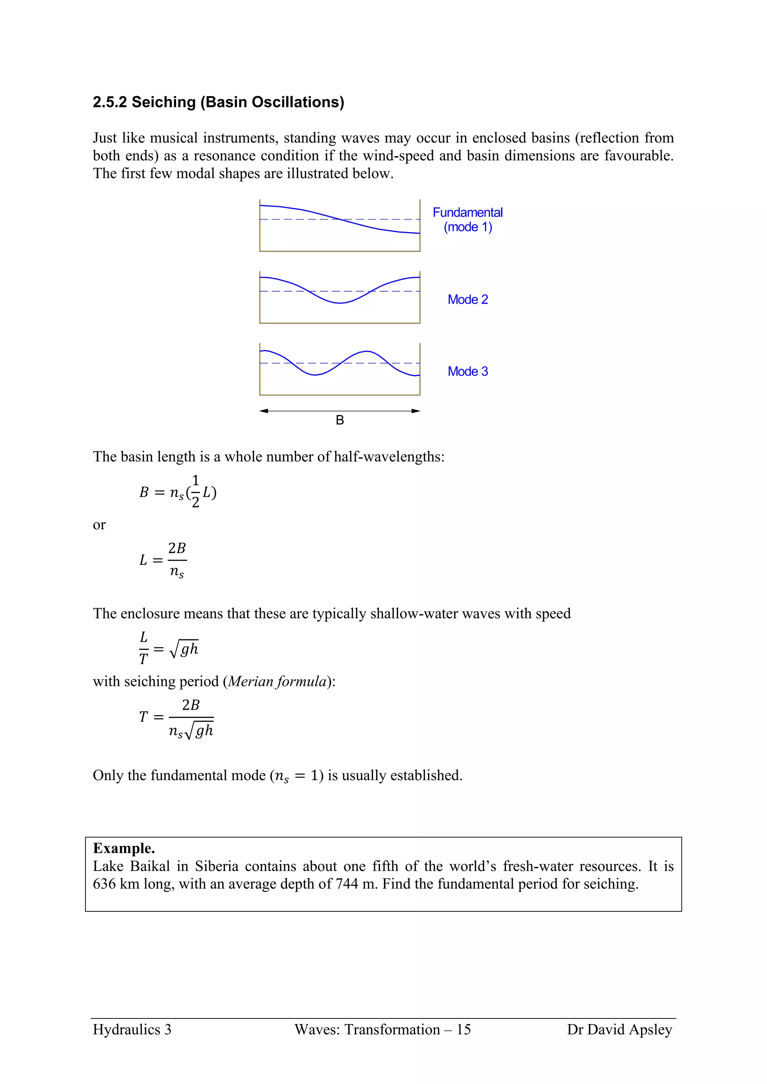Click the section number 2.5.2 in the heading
point(110,102)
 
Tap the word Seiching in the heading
point(163,102)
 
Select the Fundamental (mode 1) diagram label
point(467,220)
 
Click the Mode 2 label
point(467,299)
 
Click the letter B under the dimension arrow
point(340,420)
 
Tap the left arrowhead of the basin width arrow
point(264,411)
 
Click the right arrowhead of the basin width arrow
point(416,411)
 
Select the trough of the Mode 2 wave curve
point(340,303)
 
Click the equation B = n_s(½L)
point(178,492)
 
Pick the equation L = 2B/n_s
point(163,560)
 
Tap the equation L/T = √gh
point(169,648)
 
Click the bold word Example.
point(124,848)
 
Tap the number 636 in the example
point(104,883)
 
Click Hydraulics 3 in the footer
point(132,1030)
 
